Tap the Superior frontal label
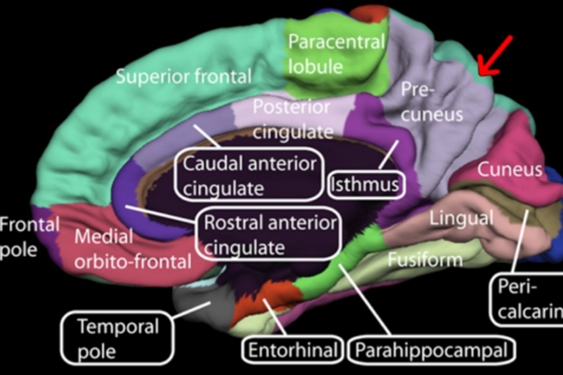pos(184,76)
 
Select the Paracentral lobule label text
pos(336,54)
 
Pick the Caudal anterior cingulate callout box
pos(249,175)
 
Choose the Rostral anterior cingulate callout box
pos(269,234)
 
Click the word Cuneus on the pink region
pos(510,170)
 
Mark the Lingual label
pos(461,218)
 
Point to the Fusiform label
pos(425,259)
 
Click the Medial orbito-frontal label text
pos(133,249)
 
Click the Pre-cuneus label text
pos(431,103)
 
